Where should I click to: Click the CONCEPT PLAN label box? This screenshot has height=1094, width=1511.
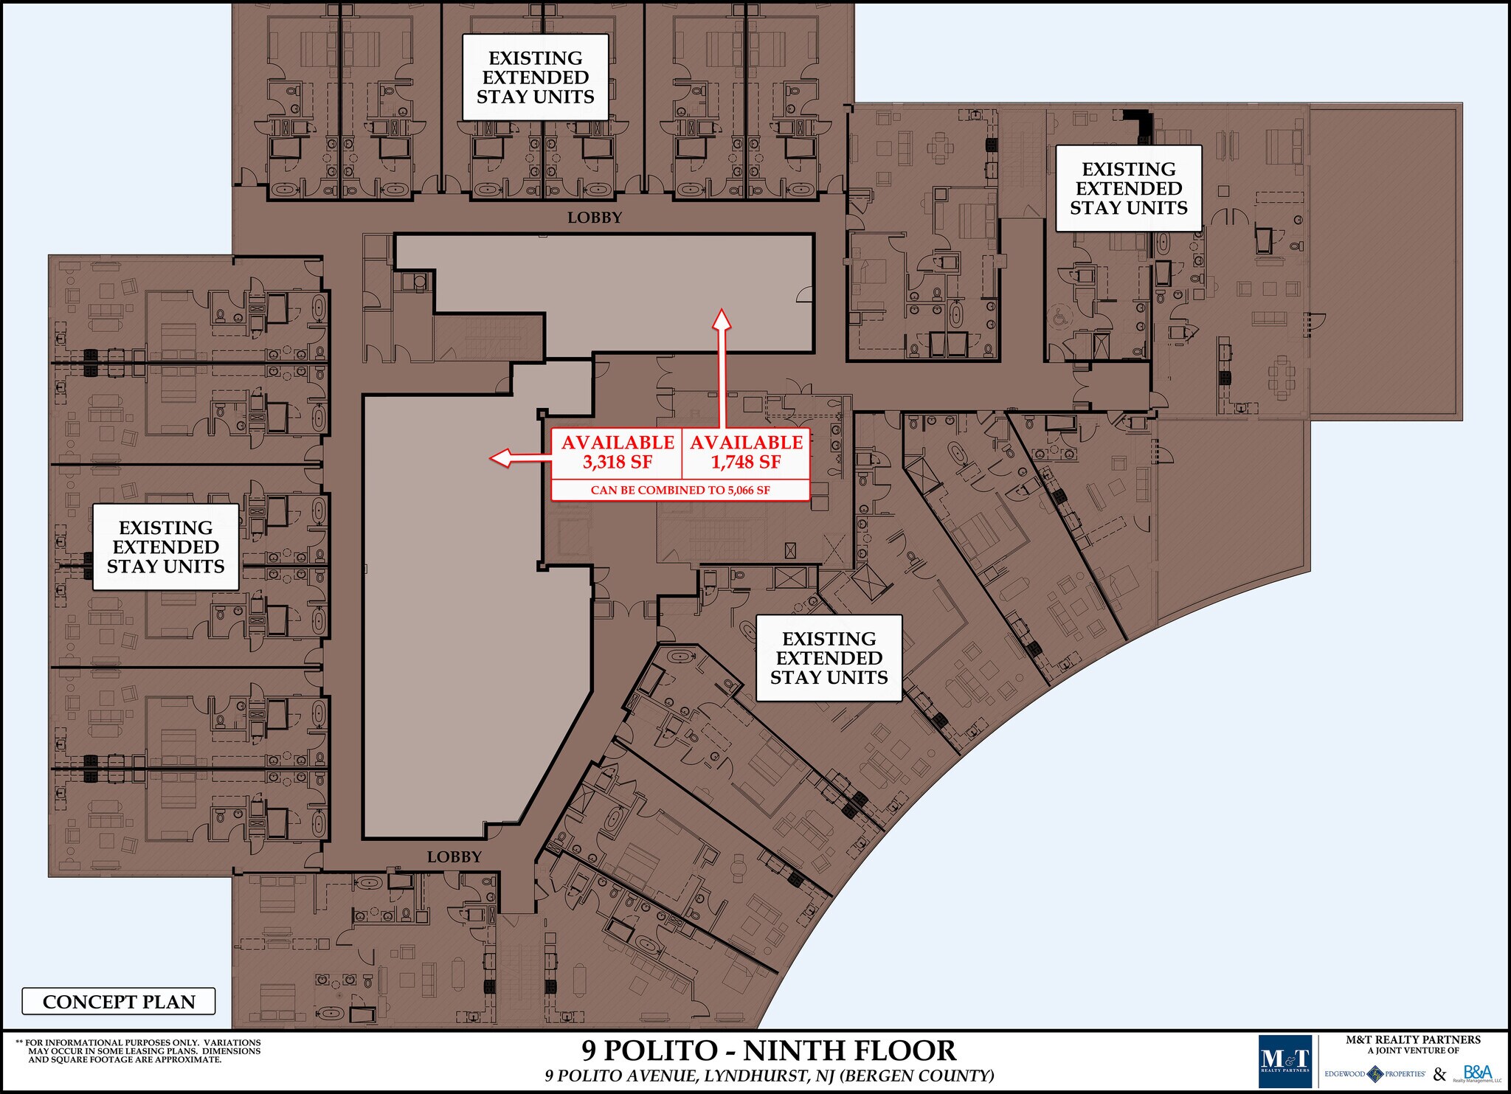[119, 1001]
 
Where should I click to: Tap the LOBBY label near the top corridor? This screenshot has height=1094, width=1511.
[595, 218]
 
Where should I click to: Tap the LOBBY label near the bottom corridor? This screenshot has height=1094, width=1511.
[454, 856]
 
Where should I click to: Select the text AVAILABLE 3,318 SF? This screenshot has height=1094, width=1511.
[618, 452]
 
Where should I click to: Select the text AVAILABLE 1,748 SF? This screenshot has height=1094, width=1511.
[746, 452]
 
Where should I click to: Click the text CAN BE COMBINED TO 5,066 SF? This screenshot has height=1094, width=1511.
[680, 490]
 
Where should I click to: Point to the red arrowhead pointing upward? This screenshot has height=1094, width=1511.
[722, 319]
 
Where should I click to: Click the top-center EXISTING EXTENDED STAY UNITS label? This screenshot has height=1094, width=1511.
[535, 77]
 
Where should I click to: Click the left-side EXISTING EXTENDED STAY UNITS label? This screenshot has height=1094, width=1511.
[165, 547]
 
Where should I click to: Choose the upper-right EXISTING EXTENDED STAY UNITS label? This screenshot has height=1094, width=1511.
[1128, 189]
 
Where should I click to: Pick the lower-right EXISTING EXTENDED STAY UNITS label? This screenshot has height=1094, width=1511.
[829, 658]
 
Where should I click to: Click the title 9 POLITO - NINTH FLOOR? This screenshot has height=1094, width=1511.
[769, 1050]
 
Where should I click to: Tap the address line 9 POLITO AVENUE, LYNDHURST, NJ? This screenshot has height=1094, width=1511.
[769, 1076]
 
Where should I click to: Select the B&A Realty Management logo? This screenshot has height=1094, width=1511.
[1477, 1073]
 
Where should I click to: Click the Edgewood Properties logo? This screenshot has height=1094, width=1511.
[1375, 1074]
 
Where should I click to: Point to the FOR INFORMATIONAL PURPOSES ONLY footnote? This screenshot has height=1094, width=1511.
[138, 1051]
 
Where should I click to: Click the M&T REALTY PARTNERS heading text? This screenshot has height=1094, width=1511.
[1413, 1040]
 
